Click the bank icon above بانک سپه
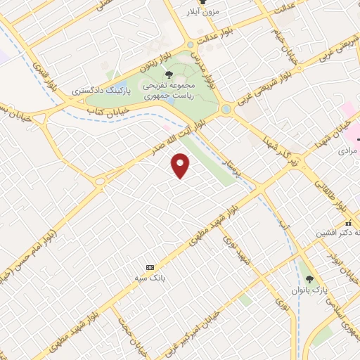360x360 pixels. click(149, 268)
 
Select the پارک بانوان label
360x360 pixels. click(309, 290)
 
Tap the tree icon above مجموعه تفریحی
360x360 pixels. click(167, 74)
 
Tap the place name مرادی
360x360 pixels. click(347, 150)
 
